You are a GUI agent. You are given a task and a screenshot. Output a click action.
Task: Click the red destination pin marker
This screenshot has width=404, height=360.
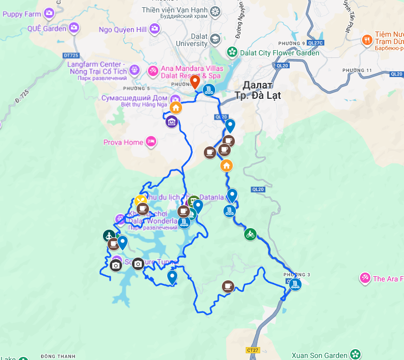pyautogui.click(x=195, y=82)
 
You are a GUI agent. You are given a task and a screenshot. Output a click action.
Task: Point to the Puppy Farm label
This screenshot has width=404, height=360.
pyautogui.click(x=22, y=13)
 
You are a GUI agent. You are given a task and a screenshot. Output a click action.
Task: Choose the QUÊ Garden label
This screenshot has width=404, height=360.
pyautogui.click(x=47, y=28)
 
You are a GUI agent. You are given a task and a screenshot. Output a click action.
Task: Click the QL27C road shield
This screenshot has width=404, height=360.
pyautogui.click(x=314, y=43)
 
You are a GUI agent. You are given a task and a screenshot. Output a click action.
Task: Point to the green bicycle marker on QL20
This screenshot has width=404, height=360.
pyautogui.click(x=250, y=234)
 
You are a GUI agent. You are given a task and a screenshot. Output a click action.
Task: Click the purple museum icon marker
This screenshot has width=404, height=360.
pyautogui.click(x=172, y=122)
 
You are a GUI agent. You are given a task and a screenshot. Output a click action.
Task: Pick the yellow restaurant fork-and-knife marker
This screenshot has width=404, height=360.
pyautogui.click(x=140, y=201)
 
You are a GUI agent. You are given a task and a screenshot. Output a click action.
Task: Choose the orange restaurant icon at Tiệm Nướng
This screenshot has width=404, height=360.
pyautogui.click(x=367, y=39)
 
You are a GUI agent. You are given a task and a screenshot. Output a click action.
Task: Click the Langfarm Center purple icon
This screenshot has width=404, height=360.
pyautogui.click(x=134, y=69)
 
